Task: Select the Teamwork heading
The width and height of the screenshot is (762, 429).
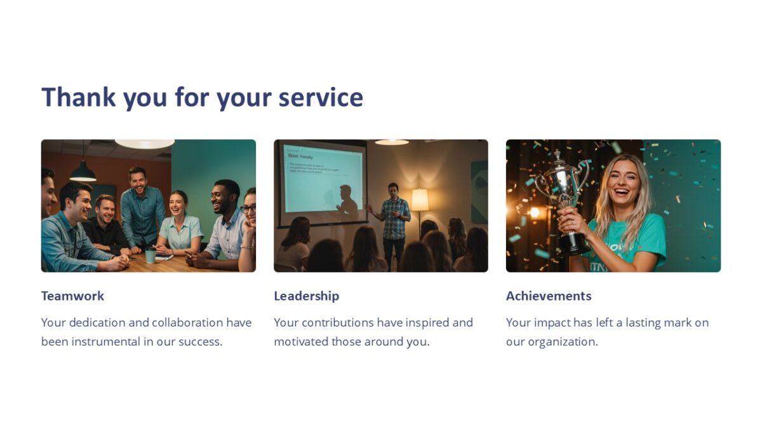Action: click(x=72, y=296)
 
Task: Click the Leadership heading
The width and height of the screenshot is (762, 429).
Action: click(x=306, y=296)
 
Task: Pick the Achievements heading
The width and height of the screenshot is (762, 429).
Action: click(x=549, y=296)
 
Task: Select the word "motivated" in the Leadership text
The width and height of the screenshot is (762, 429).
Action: click(x=301, y=341)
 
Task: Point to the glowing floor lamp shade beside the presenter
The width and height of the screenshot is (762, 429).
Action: click(x=420, y=200)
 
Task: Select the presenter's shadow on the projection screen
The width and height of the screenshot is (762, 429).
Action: click(x=347, y=200)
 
